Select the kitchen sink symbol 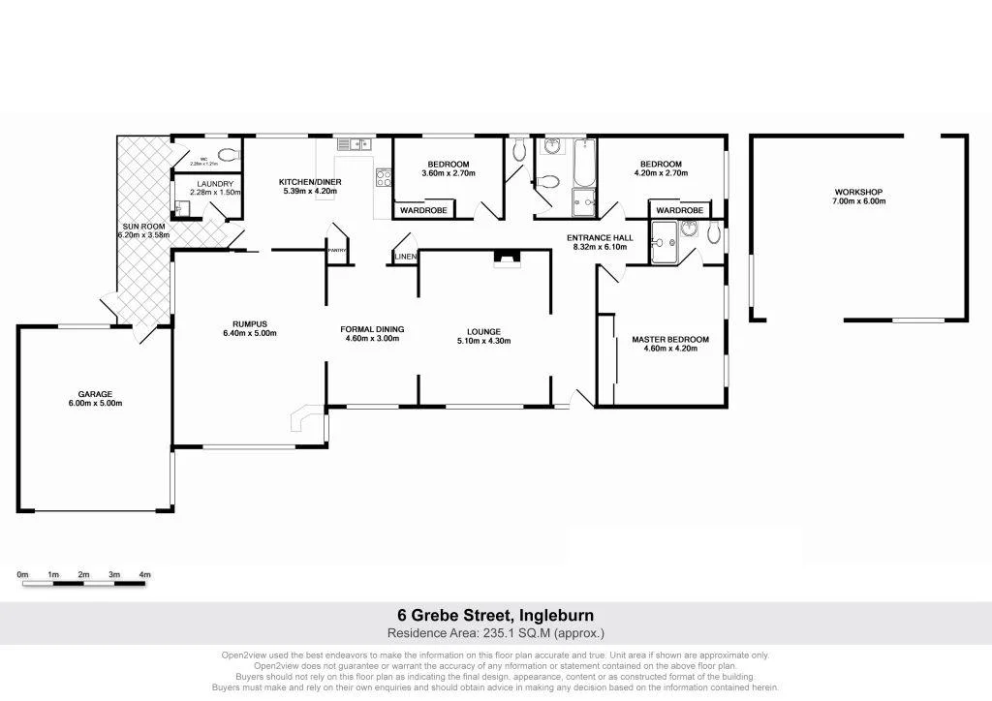coord(355,144)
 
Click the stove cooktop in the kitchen coord(384,178)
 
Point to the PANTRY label coord(337,251)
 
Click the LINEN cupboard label coord(406,257)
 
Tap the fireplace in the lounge coord(507,257)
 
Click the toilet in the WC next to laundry coord(229,154)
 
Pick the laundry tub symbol coord(182,206)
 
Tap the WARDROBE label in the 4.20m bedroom coord(679,210)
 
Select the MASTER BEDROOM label coord(670,340)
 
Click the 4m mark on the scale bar coord(145,575)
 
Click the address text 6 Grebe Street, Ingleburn coord(495,615)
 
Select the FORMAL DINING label coord(372,329)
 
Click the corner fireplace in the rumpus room coord(304,418)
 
